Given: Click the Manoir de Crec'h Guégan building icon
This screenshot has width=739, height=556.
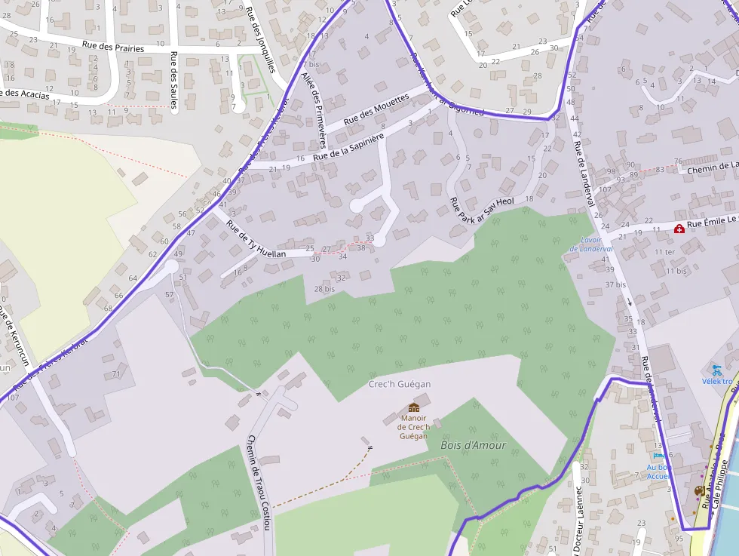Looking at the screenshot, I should (x=413, y=407).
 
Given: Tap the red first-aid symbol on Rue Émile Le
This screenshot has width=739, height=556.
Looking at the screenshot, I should (x=679, y=228).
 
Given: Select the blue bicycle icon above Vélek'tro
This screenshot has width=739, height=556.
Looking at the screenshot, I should (x=716, y=370).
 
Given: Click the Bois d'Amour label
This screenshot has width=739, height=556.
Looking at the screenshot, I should (x=473, y=445).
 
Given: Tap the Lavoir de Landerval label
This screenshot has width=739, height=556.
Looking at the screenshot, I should (x=591, y=244).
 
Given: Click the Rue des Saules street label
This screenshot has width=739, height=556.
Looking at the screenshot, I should (x=174, y=81).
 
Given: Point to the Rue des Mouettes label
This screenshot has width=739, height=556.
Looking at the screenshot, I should (x=376, y=109).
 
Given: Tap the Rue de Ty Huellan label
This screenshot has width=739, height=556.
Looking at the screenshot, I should (x=256, y=243).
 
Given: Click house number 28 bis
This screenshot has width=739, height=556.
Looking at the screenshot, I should (x=324, y=289).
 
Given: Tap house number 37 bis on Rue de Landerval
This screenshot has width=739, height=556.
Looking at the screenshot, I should (x=615, y=285).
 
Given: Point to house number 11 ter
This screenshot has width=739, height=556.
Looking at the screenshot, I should (x=665, y=252).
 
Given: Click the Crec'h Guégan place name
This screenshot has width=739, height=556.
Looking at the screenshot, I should (x=400, y=384).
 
